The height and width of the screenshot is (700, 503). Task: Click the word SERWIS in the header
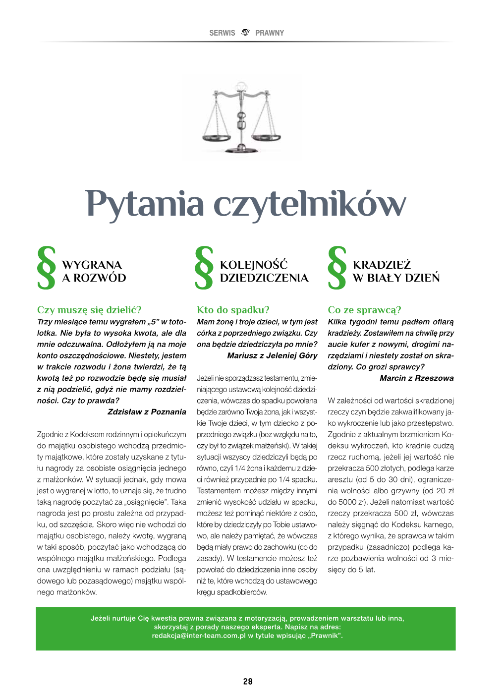point(222,33)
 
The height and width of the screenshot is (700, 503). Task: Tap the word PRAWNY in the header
point(270,33)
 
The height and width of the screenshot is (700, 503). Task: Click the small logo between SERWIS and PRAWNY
point(245,32)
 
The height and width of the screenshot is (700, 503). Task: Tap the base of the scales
point(241,148)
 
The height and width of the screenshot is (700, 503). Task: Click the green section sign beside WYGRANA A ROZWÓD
point(47,268)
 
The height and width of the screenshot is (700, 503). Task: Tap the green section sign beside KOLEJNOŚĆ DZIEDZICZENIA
point(204,268)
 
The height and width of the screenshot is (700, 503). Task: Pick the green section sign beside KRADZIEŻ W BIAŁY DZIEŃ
point(336,268)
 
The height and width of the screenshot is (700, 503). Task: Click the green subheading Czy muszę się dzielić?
point(89,310)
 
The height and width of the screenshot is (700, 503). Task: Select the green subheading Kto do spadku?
point(233,310)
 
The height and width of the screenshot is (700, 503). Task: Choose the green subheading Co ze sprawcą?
point(364,310)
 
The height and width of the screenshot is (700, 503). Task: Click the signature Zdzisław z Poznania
point(147,412)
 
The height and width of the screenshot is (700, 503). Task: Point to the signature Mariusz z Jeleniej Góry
point(272,355)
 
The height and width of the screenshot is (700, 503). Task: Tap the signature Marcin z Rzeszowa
point(416,378)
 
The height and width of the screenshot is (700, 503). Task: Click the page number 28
point(248,682)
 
